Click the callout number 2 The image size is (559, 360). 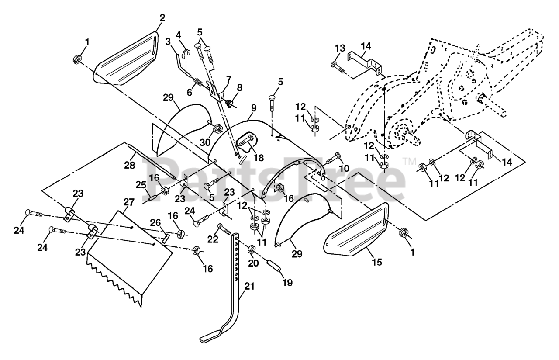tap(162, 18)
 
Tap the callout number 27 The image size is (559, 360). tap(128, 202)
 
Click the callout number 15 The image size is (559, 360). tap(376, 262)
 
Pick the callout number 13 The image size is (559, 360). tap(341, 48)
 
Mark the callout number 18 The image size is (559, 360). tap(259, 158)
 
